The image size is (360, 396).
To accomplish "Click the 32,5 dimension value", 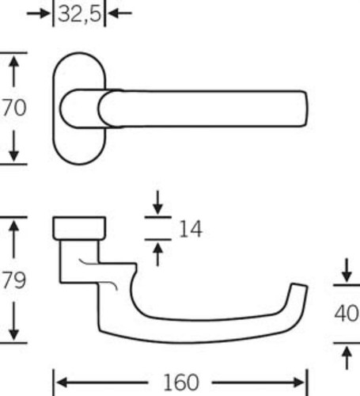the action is [79, 13].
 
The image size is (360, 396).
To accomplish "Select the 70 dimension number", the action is [14, 108].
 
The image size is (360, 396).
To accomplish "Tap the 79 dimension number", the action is [14, 280].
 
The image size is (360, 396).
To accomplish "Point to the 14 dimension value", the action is [191, 229].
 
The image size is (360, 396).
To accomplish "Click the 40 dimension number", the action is [347, 314].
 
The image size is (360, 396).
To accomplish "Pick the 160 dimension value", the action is [181, 383].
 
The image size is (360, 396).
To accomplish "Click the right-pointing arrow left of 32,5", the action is [39, 13].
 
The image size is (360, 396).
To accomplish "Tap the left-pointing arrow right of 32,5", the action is [119, 13].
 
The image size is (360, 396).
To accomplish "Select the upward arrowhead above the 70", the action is [13, 61].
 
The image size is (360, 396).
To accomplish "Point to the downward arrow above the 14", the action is [157, 203].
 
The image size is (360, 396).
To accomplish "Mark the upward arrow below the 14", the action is [157, 254].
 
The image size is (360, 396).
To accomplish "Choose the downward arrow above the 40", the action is [347, 270].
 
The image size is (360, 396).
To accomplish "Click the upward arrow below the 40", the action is [347, 358].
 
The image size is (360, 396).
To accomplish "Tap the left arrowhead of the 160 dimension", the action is [61, 383].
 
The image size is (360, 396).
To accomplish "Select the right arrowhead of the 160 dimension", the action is [300, 383].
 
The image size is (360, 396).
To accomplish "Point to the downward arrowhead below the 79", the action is [13, 334].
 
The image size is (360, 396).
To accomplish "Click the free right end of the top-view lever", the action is [307, 109].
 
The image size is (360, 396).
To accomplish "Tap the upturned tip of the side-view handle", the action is [300, 284].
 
